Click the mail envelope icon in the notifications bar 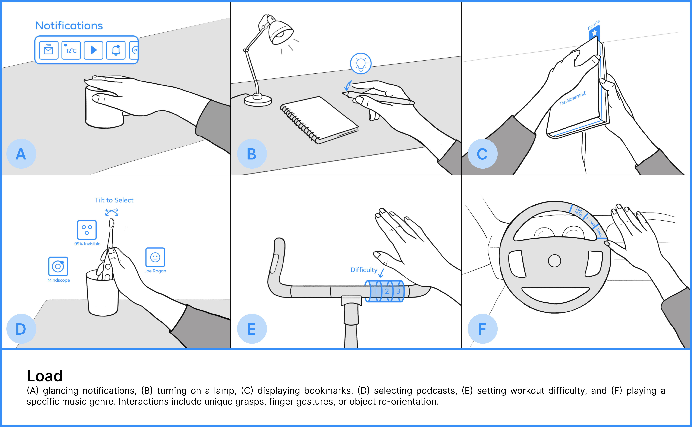click(x=49, y=50)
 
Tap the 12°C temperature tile click(x=71, y=50)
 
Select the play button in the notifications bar click(x=93, y=50)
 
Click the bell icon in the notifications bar click(x=116, y=50)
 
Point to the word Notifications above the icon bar click(x=69, y=26)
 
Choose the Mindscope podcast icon click(x=58, y=266)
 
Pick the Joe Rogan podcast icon click(x=155, y=257)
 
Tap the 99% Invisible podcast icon click(x=87, y=230)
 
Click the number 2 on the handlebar click(x=387, y=291)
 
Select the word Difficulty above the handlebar click(x=364, y=270)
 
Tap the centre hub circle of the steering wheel click(x=554, y=261)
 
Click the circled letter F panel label click(x=482, y=329)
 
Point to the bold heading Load click(x=45, y=376)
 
